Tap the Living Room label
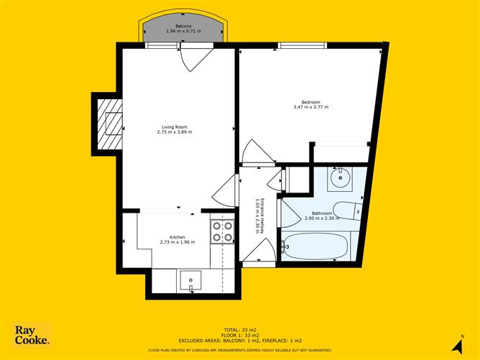(175, 127)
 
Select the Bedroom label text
(310, 102)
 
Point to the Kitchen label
(177, 237)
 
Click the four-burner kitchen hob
(222, 231)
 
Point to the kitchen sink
(190, 280)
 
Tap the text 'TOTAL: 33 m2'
(240, 328)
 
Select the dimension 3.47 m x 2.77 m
(310, 107)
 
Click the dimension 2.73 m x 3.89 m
(175, 132)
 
